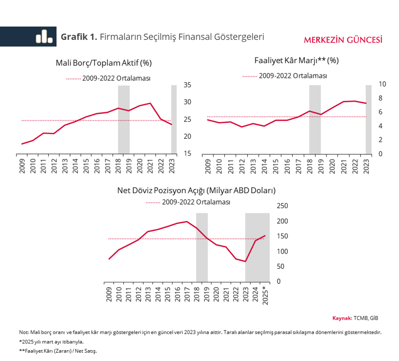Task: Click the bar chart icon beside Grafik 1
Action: pos(44,36)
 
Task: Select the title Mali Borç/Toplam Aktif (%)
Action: pos(104,63)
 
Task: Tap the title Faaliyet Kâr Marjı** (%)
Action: pos(296,60)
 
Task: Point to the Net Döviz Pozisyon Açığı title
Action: pos(196,190)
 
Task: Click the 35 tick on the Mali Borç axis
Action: pos(188,85)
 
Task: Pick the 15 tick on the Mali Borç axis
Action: pos(188,154)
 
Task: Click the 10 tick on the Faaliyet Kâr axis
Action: pos(383,84)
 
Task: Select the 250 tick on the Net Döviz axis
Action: pos(282,206)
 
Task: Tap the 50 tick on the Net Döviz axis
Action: pos(280,266)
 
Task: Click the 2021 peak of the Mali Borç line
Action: pos(150,103)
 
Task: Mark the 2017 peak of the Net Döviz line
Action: pos(187,222)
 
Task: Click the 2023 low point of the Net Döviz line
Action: pos(246,261)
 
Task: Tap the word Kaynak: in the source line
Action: pos(342,317)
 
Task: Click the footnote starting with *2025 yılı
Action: pos(51,341)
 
